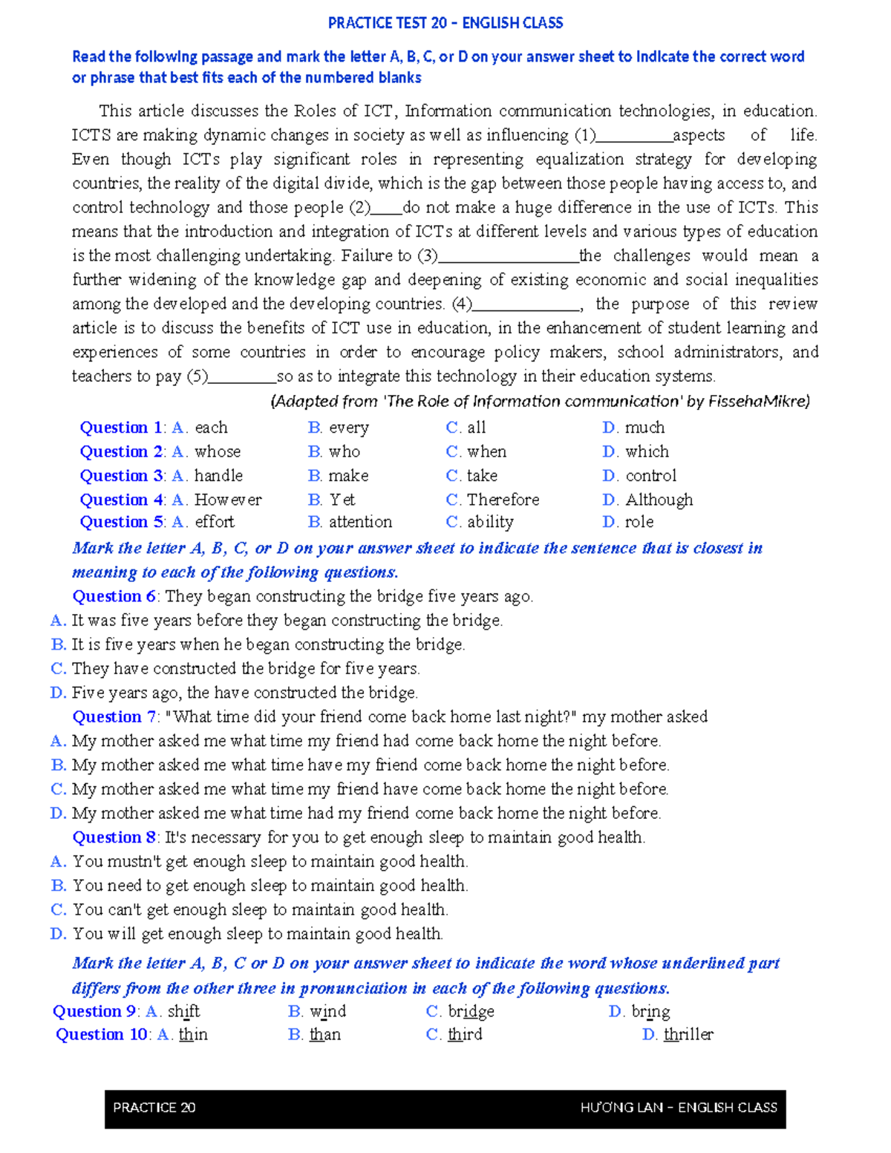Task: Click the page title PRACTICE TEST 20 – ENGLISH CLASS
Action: click(446, 23)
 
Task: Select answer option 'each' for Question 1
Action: click(211, 428)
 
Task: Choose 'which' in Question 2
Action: click(647, 451)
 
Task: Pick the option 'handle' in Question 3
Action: click(218, 476)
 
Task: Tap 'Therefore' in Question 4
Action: click(503, 500)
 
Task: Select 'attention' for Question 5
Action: click(360, 522)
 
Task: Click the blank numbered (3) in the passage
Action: click(509, 257)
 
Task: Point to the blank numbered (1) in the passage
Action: click(634, 137)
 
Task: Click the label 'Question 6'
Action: click(114, 596)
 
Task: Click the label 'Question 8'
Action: click(114, 837)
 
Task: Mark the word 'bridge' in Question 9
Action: click(471, 1011)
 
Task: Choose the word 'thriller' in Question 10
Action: click(688, 1034)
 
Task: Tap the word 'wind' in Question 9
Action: click(328, 1011)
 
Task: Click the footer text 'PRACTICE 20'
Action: click(154, 1108)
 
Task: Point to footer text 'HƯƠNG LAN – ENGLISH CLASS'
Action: click(679, 1108)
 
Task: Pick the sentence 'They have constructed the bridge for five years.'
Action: click(246, 669)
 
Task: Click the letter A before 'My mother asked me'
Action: click(58, 741)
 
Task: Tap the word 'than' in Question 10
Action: click(325, 1034)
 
